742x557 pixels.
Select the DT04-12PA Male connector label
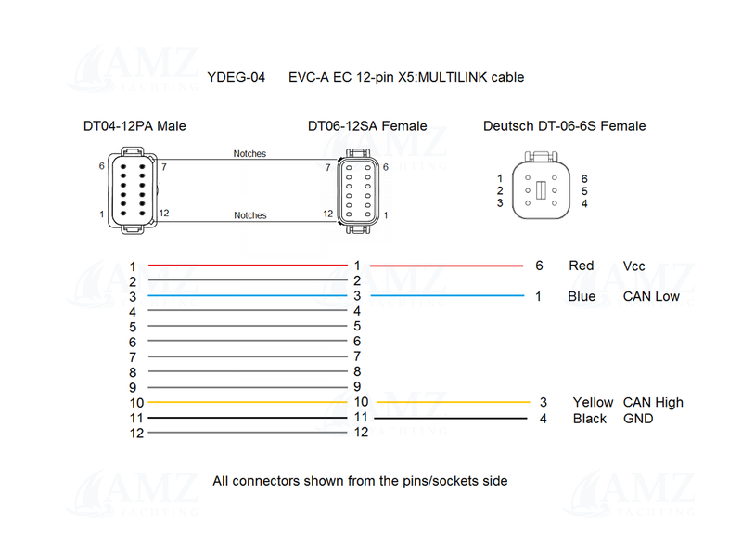pos(141,126)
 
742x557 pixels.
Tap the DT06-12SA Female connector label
pos(367,126)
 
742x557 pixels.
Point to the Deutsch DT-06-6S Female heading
pos(564,126)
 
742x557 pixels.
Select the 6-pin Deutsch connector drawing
pos(540,191)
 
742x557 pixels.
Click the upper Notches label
pos(249,154)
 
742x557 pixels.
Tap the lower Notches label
pos(249,215)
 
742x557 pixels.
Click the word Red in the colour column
pos(581,266)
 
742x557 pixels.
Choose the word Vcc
pos(634,266)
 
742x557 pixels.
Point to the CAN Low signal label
pos(651,297)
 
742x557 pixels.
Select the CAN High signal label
pos(653,403)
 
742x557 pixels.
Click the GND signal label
pos(638,419)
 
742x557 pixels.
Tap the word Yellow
pos(593,403)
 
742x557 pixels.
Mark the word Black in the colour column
pos(590,419)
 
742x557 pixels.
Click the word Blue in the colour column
pos(582,297)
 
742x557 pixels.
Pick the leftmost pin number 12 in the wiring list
pos(136,434)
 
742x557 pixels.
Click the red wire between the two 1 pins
pos(246,266)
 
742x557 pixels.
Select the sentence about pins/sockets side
pos(360,481)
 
